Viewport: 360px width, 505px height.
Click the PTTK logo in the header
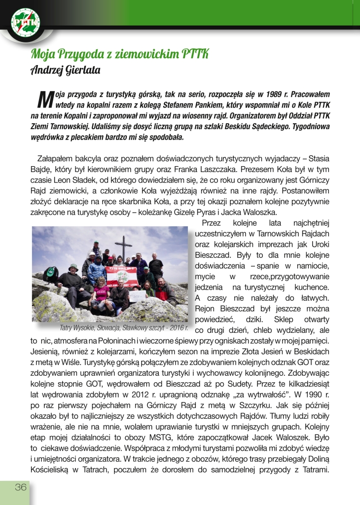[x=25, y=23]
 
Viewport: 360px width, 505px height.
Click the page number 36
[x=20, y=487]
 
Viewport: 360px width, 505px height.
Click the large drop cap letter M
[x=45, y=99]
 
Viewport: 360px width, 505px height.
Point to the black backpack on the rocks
[x=50, y=274]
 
